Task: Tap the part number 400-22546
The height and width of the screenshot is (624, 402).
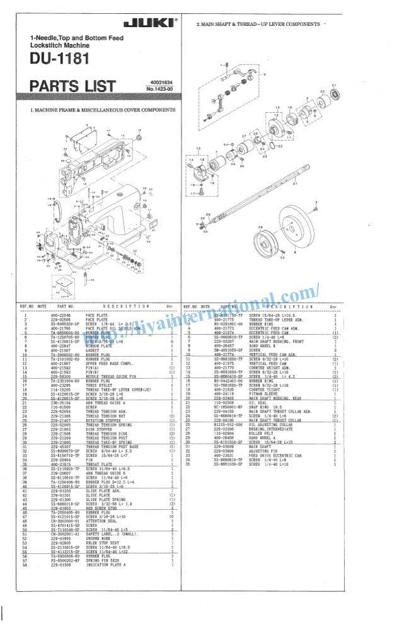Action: click(61, 313)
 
